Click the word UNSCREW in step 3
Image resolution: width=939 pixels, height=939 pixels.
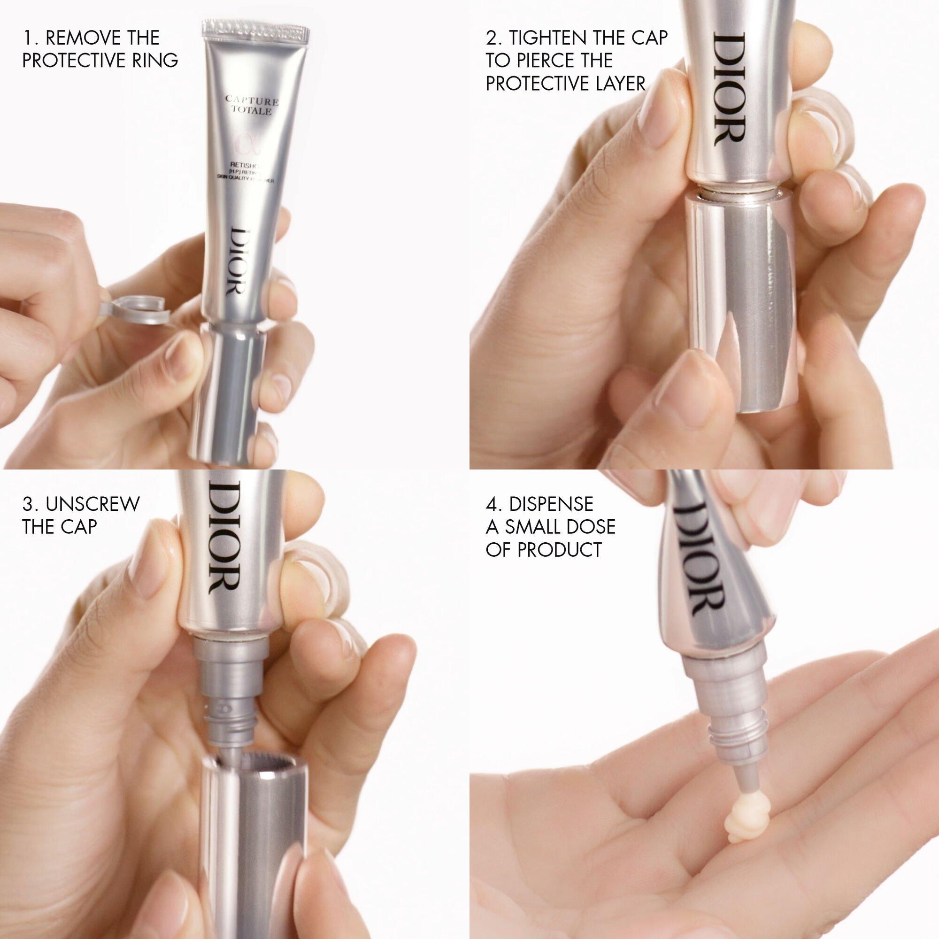(x=92, y=503)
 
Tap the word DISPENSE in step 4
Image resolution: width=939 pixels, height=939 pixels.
(x=551, y=503)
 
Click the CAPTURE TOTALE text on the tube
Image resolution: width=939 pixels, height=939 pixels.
(x=252, y=106)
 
